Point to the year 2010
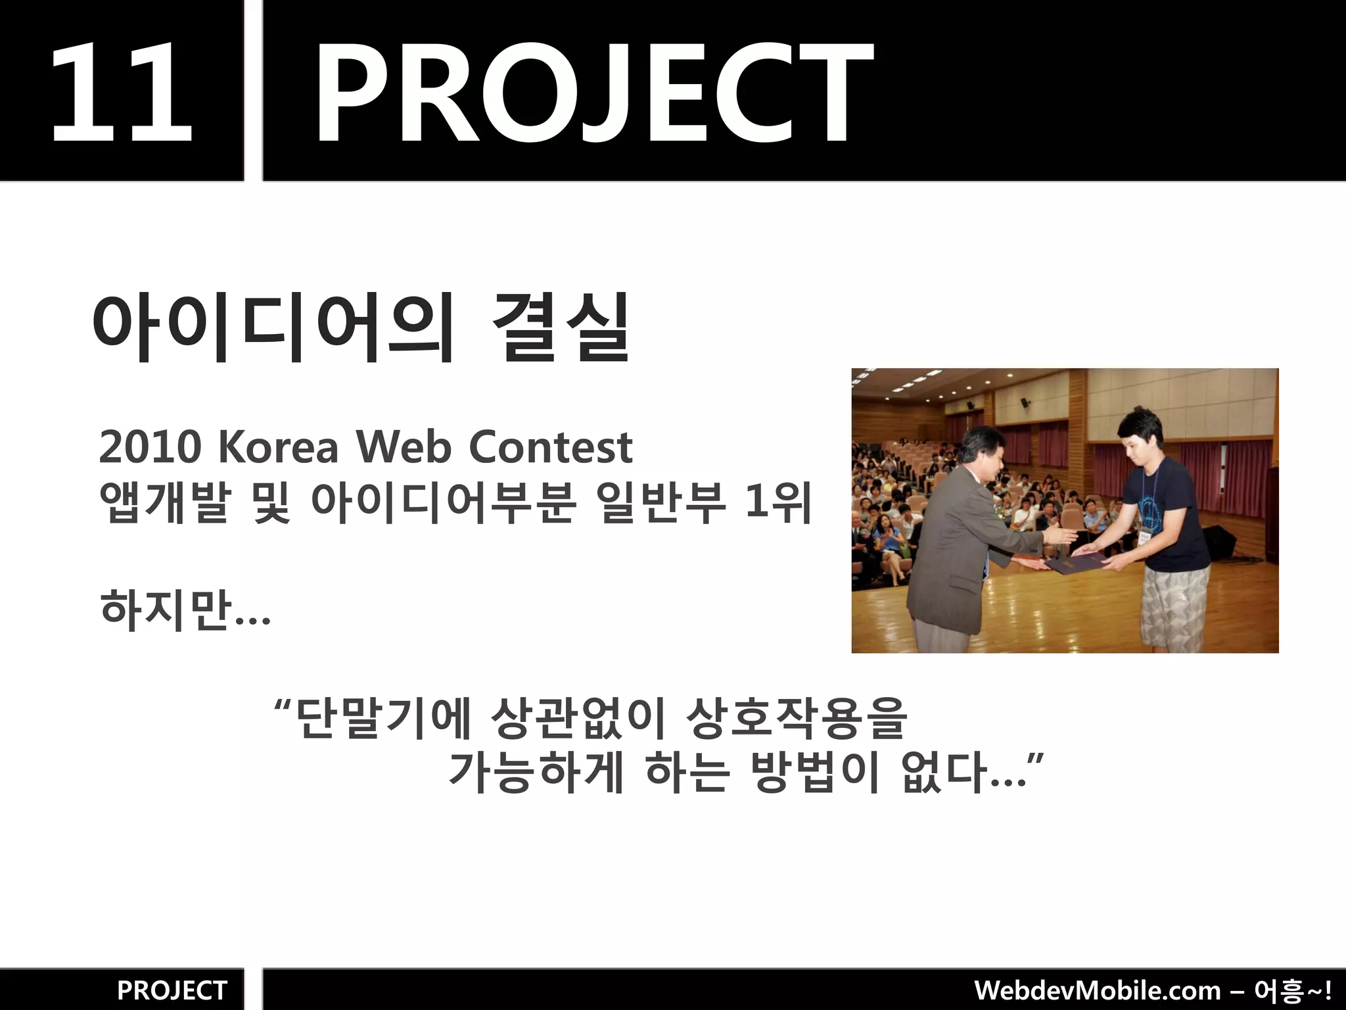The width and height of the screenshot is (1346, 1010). click(x=150, y=447)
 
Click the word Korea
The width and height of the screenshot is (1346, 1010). click(x=278, y=447)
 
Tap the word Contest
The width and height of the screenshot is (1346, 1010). click(x=550, y=447)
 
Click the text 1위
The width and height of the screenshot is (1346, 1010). click(x=779, y=503)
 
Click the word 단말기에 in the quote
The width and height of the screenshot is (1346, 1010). click(x=381, y=718)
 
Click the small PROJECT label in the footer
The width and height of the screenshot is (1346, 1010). click(x=172, y=990)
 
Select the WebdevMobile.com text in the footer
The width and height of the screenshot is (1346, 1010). click(x=1098, y=990)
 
